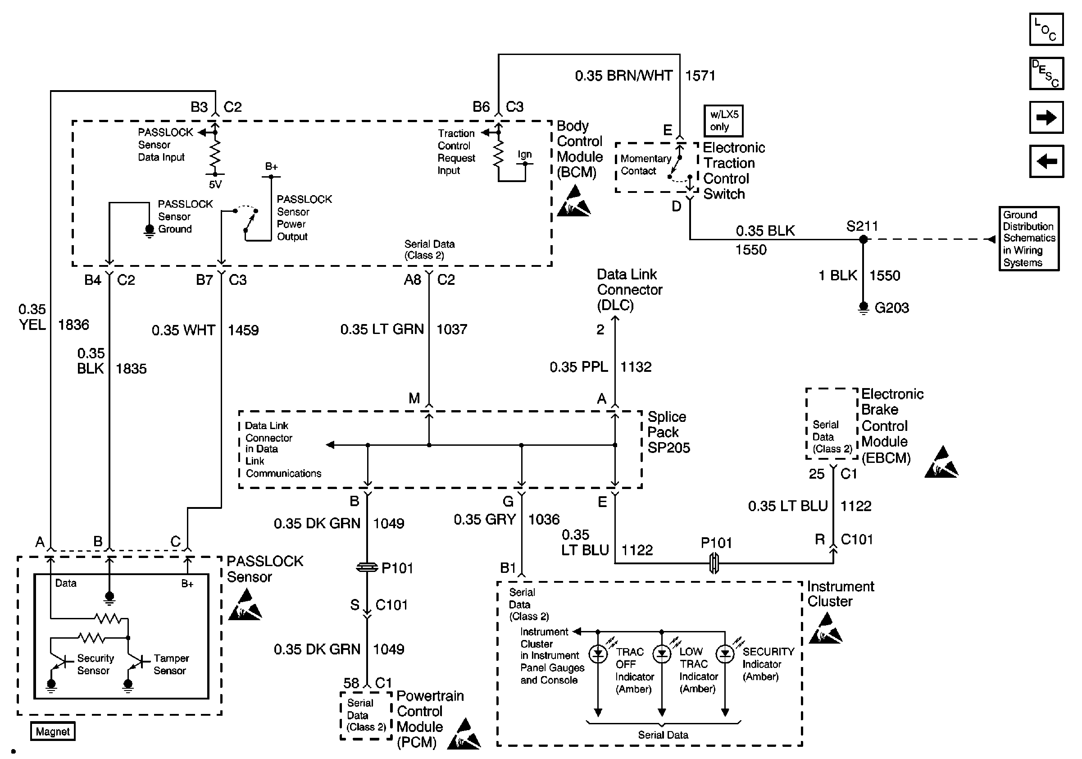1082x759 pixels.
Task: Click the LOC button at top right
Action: [x=1046, y=29]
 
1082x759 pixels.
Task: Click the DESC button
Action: [x=1046, y=73]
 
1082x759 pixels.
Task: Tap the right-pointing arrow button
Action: [x=1046, y=117]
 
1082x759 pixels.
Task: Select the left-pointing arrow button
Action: [x=1046, y=161]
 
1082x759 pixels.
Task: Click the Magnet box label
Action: [x=53, y=732]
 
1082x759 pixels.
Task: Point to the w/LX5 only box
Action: [x=723, y=121]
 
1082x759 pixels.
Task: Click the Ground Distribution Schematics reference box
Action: [x=1029, y=238]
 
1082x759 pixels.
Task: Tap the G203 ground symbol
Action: [x=863, y=308]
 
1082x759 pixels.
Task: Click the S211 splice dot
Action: [x=863, y=239]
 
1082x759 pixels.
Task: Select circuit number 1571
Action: [x=700, y=75]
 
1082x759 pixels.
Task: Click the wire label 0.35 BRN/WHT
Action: [x=623, y=75]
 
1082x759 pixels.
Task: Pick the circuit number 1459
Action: [x=243, y=330]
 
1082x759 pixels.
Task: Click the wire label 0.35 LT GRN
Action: [x=382, y=329]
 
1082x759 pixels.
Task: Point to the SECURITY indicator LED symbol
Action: [x=725, y=654]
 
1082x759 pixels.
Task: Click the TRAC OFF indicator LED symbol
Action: [x=598, y=654]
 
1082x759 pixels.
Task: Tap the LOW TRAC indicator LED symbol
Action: [x=662, y=654]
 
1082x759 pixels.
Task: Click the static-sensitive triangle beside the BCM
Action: [x=573, y=201]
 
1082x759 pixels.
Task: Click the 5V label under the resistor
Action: [x=215, y=185]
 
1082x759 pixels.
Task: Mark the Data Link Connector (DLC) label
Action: [x=630, y=289]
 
